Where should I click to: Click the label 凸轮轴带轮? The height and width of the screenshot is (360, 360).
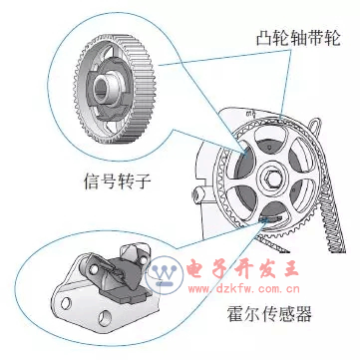298,39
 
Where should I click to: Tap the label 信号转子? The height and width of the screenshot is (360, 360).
118,181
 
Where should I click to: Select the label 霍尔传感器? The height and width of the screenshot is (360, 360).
269,313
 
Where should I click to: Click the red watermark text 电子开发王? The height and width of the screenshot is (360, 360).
243,270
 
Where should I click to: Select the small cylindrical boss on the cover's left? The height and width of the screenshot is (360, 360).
197,195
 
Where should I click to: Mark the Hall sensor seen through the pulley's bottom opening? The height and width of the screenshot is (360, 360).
269,219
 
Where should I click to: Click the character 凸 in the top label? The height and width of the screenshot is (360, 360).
264,39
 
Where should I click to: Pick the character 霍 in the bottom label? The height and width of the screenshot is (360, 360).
235,313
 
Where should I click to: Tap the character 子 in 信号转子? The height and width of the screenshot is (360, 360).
144,181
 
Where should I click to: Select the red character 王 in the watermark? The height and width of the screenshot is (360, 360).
290,270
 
